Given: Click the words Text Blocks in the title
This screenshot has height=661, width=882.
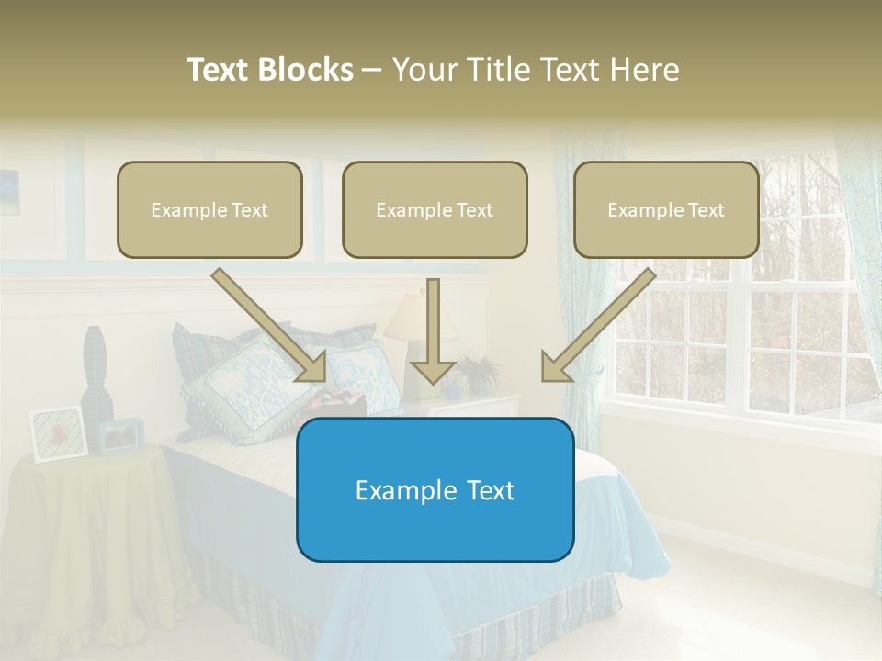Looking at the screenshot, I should tap(269, 70).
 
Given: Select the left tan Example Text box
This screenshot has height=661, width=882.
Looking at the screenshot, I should tap(209, 210).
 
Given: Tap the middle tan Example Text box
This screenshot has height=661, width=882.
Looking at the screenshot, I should tap(435, 210).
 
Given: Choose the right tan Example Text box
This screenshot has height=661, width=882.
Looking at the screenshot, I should tap(666, 210).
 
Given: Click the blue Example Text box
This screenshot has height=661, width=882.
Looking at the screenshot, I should tap(435, 490).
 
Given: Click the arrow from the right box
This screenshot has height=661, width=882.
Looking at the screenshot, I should tap(597, 326).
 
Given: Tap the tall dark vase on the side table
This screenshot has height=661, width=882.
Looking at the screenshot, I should tap(96, 376).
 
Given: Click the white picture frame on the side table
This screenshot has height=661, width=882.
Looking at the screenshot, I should tap(58, 433).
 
